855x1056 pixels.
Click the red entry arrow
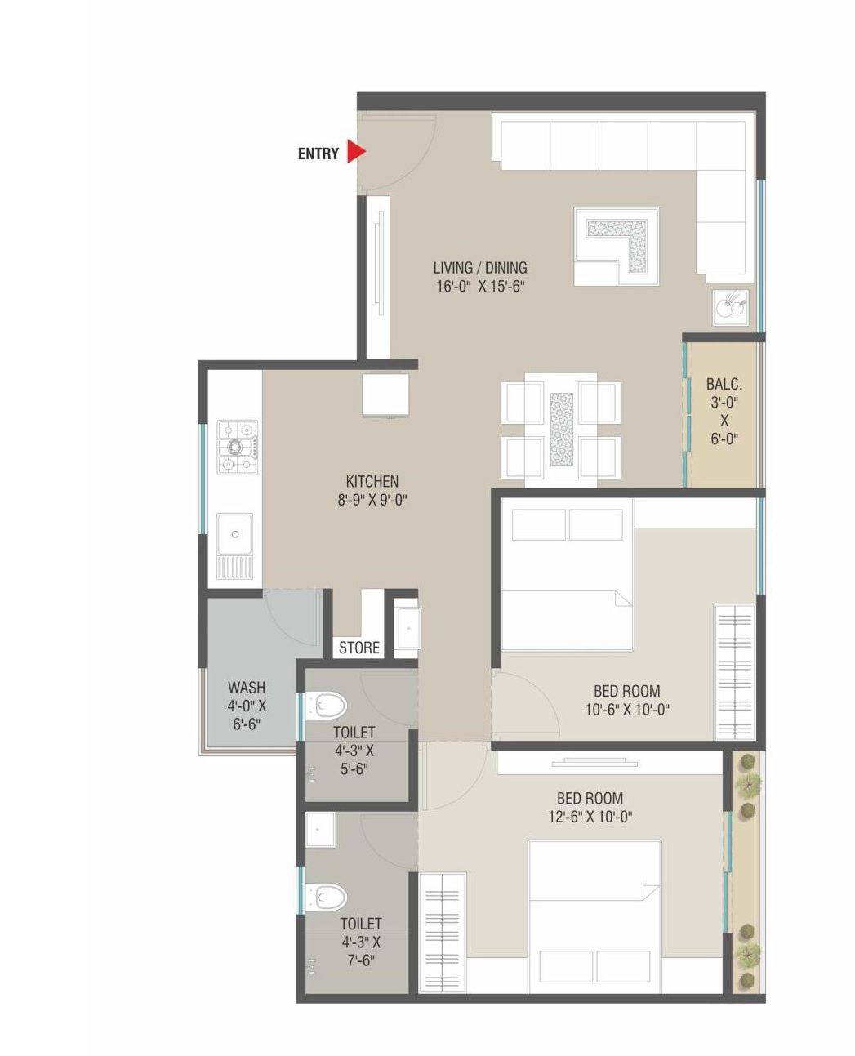point(355,152)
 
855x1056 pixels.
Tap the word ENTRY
point(318,154)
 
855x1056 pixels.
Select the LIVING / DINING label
point(479,268)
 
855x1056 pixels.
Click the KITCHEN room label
point(372,482)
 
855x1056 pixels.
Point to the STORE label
point(359,648)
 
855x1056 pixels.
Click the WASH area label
point(246,688)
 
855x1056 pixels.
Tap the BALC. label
point(724,384)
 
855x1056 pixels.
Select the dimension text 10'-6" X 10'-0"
point(626,710)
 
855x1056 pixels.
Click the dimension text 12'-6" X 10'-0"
point(590,816)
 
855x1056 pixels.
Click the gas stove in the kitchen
point(237,447)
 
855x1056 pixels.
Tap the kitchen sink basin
point(234,534)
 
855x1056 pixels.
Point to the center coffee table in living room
point(616,246)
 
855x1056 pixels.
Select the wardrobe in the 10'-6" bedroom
point(735,672)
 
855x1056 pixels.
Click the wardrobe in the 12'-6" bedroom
point(442,933)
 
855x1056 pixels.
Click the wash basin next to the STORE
point(406,628)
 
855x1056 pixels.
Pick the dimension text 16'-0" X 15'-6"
point(479,287)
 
